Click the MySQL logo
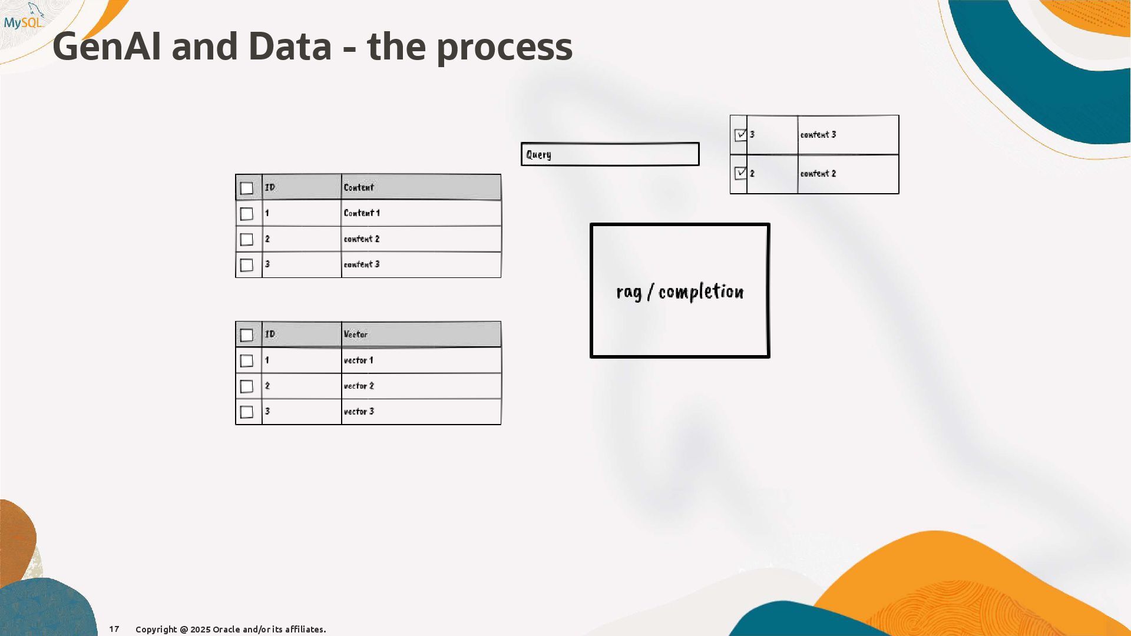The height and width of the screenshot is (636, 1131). click(24, 18)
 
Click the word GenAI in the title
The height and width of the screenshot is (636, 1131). click(106, 47)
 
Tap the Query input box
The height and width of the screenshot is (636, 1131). click(610, 154)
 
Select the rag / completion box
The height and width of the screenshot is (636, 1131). click(680, 290)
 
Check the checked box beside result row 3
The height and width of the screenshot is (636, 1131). click(740, 135)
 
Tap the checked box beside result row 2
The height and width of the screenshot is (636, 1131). click(740, 173)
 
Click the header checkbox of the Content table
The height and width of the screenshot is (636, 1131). click(247, 188)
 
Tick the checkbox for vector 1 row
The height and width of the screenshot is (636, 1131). click(247, 361)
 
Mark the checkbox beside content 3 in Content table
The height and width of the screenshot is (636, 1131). click(247, 265)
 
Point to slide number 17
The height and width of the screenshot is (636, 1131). click(114, 629)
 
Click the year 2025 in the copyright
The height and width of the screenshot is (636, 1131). click(200, 630)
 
